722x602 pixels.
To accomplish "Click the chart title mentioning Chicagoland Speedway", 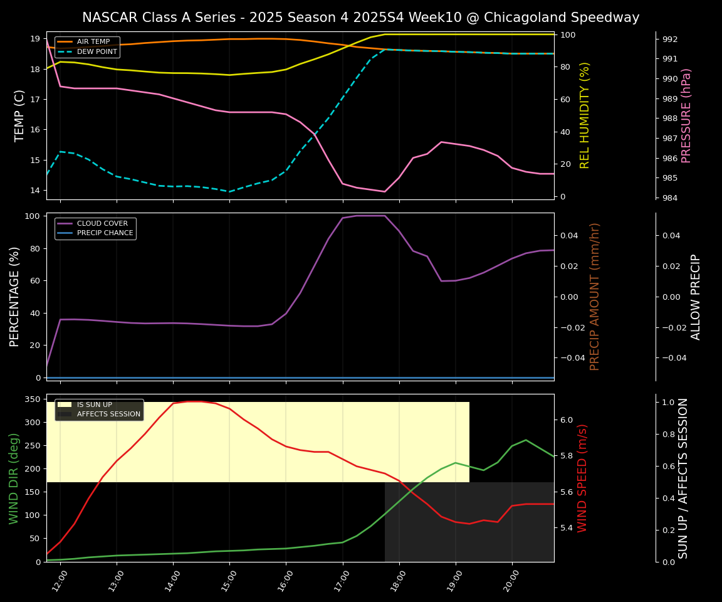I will pos(360,18).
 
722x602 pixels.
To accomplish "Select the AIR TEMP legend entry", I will pos(93,42).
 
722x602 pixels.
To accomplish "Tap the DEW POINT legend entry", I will pos(97,52).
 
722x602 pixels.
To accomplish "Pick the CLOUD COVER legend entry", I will pos(102,223).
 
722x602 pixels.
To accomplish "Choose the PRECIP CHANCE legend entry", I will pos(105,233).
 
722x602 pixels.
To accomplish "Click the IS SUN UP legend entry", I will pos(94,405).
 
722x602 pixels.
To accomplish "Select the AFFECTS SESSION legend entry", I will pos(108,415).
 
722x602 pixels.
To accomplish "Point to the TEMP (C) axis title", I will pos(20,115).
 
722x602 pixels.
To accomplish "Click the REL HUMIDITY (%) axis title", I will pos(585,115).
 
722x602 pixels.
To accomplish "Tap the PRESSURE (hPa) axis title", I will pos(686,115).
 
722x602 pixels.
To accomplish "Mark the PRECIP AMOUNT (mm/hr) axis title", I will pos(595,297).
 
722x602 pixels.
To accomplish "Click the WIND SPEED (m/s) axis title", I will pos(583,478).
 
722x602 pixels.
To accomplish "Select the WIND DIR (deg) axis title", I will pos(14,478).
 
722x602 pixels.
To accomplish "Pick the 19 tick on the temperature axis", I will pos(36,39).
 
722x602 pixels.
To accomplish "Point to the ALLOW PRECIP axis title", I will pos(696,297).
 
